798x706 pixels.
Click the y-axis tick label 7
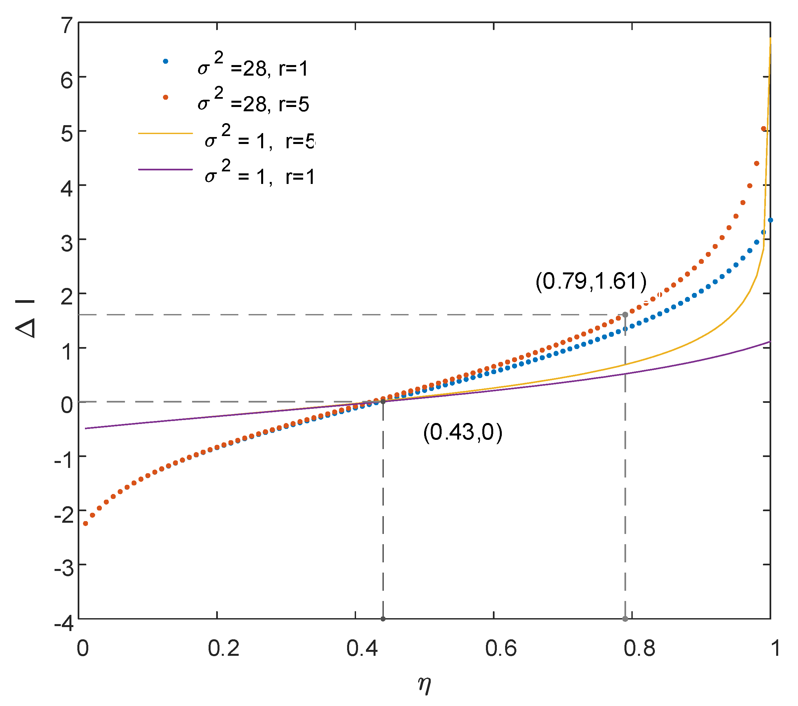(67, 26)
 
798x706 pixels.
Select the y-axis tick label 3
(67, 243)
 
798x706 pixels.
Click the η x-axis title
(424, 685)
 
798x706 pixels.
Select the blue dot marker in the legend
(166, 61)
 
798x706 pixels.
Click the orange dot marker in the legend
(166, 97)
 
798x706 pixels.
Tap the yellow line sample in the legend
(166, 133)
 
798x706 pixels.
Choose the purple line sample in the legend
(166, 170)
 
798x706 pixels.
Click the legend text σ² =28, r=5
(253, 101)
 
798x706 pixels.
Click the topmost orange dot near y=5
(764, 129)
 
